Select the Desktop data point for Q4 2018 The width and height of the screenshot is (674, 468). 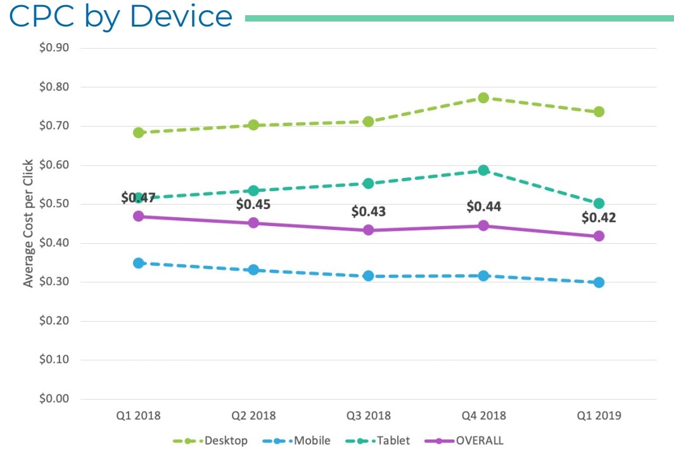(x=483, y=98)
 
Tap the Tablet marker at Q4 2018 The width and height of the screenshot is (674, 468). (x=483, y=170)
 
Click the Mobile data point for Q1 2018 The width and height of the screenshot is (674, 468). (x=138, y=263)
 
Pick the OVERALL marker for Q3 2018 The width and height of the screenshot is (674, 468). (x=368, y=230)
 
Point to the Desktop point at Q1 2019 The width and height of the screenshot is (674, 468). (x=599, y=112)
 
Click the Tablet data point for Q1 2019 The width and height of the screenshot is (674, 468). (x=599, y=203)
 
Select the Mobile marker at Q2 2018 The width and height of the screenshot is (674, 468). (x=253, y=270)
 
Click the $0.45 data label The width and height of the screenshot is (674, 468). (x=253, y=205)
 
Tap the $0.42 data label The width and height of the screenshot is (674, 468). (x=599, y=218)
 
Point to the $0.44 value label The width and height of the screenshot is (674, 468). (x=483, y=206)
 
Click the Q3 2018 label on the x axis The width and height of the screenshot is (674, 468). (x=368, y=416)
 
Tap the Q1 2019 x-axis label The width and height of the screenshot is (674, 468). (x=599, y=416)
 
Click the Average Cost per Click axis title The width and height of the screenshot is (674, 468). (x=29, y=224)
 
